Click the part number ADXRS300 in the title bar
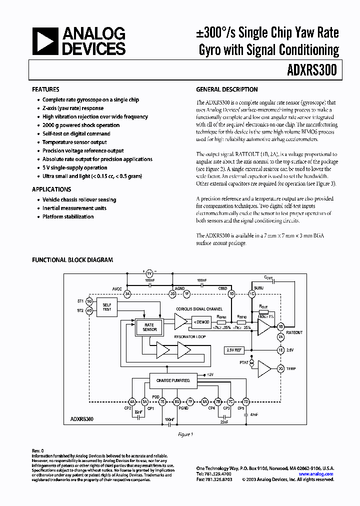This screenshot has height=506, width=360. coord(312,71)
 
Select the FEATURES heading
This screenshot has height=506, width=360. coord(45,89)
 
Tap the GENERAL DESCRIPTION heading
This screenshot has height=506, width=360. coord(227,89)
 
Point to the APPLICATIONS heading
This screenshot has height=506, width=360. coord(51,189)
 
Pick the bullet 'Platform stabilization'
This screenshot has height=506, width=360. coord(68,216)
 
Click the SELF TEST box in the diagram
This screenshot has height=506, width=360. coord(107,306)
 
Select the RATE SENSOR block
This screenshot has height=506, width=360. coord(149,327)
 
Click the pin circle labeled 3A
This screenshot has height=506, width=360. coord(127,294)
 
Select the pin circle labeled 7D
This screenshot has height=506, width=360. coord(246,401)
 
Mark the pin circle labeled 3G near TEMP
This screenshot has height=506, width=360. coord(280,368)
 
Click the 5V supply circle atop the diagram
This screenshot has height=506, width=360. coord(149,273)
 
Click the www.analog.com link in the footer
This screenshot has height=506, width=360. coord(316,473)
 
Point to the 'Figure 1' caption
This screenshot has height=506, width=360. coord(185,434)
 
